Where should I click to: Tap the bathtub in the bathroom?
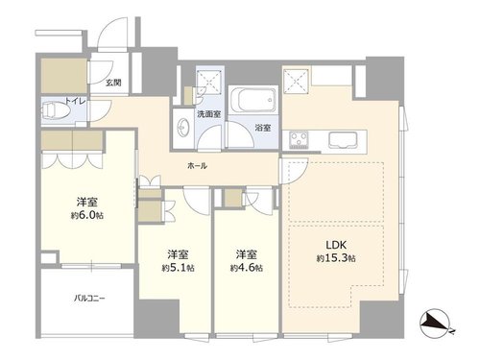click(x=252, y=99)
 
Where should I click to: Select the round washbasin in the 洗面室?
click(x=183, y=128)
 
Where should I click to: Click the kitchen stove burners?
click(x=299, y=140)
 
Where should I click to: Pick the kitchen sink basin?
click(x=343, y=140)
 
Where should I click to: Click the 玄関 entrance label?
click(x=113, y=83)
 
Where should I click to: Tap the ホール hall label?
click(x=197, y=165)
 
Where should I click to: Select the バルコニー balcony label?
click(x=89, y=299)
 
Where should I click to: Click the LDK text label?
click(x=336, y=245)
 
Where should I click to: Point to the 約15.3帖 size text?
click(x=336, y=258)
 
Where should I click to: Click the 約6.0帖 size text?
click(x=87, y=215)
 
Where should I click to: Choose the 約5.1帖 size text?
click(x=178, y=268)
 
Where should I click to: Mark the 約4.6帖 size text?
click(x=247, y=268)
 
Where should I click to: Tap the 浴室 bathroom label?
click(x=263, y=128)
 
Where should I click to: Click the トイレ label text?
click(x=76, y=101)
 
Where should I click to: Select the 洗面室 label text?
click(x=208, y=114)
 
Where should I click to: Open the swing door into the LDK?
click(x=293, y=171)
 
